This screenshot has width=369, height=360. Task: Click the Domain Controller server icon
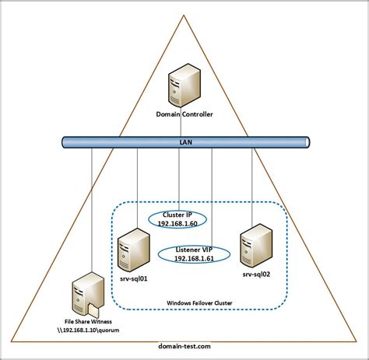tap(185, 86)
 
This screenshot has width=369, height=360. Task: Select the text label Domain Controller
tap(184, 115)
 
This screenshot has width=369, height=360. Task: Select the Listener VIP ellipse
tap(190, 253)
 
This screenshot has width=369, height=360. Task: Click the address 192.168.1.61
tap(190, 257)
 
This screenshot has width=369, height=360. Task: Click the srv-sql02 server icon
tap(255, 244)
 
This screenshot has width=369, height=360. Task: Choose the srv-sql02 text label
tap(256, 274)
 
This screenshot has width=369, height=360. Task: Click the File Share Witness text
tap(89, 320)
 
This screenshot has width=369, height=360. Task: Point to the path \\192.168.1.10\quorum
tap(89, 329)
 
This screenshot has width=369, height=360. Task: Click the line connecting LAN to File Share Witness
tap(92, 210)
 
